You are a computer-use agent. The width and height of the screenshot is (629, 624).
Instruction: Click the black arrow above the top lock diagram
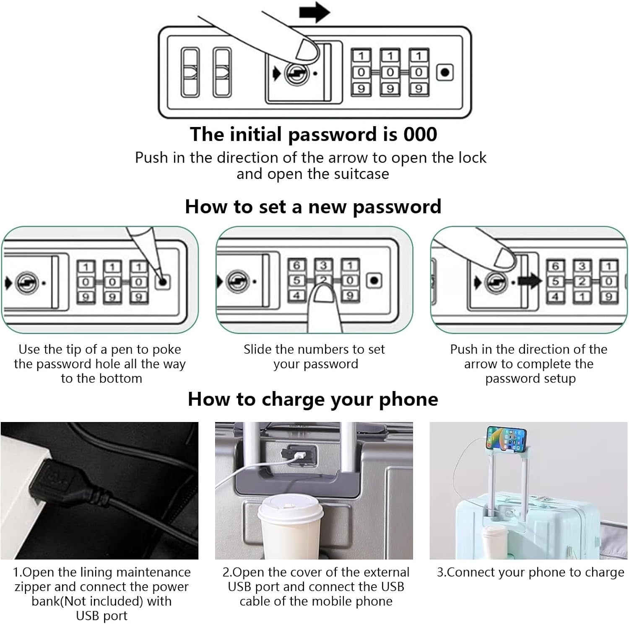[x=314, y=13]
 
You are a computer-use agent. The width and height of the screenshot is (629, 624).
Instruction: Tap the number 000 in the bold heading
[x=420, y=135]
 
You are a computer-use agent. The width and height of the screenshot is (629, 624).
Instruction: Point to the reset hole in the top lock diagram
[x=445, y=72]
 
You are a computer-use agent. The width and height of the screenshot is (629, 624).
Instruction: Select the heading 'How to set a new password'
[x=313, y=207]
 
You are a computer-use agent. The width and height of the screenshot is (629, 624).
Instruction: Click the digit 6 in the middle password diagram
[x=296, y=266]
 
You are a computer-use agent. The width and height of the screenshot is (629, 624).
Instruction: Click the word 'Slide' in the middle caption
[x=257, y=349]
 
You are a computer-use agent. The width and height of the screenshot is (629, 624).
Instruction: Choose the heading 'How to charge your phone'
[x=313, y=399]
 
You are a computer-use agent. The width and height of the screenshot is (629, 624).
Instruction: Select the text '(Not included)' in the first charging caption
[x=101, y=601]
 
